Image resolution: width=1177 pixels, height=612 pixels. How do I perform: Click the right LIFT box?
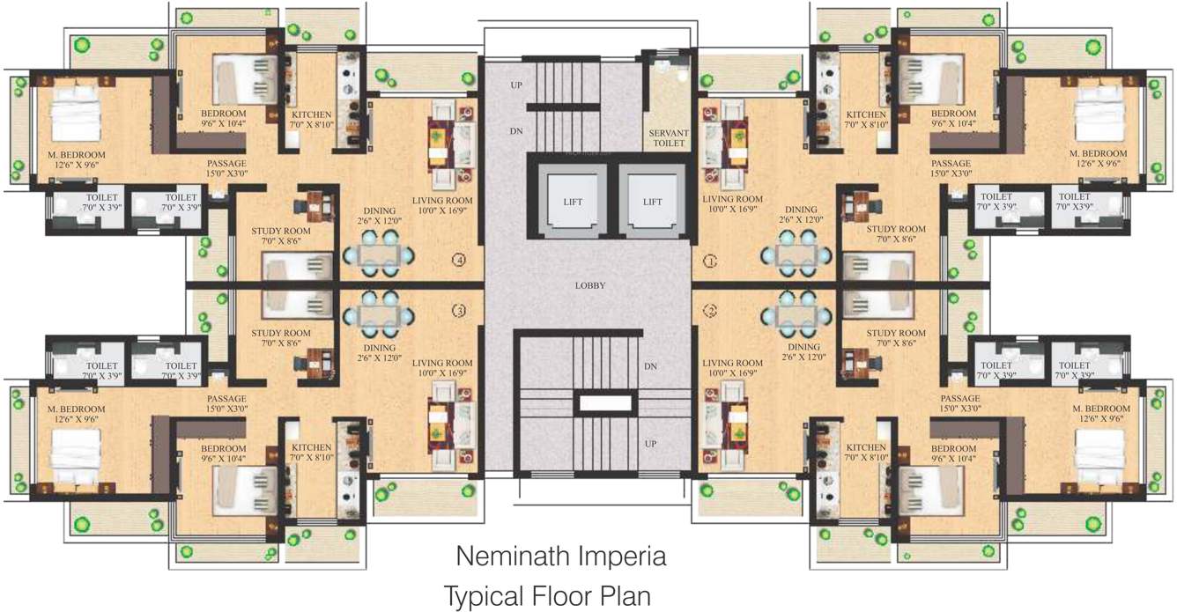[652, 202]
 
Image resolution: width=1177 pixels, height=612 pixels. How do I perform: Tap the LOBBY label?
[588, 286]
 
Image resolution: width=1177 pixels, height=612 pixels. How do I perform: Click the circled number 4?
[458, 260]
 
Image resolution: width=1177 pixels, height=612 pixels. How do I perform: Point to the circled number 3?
[458, 311]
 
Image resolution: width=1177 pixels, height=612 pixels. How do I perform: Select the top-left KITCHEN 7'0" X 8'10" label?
[312, 119]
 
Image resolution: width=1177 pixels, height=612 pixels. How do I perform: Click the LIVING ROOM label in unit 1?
[732, 204]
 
